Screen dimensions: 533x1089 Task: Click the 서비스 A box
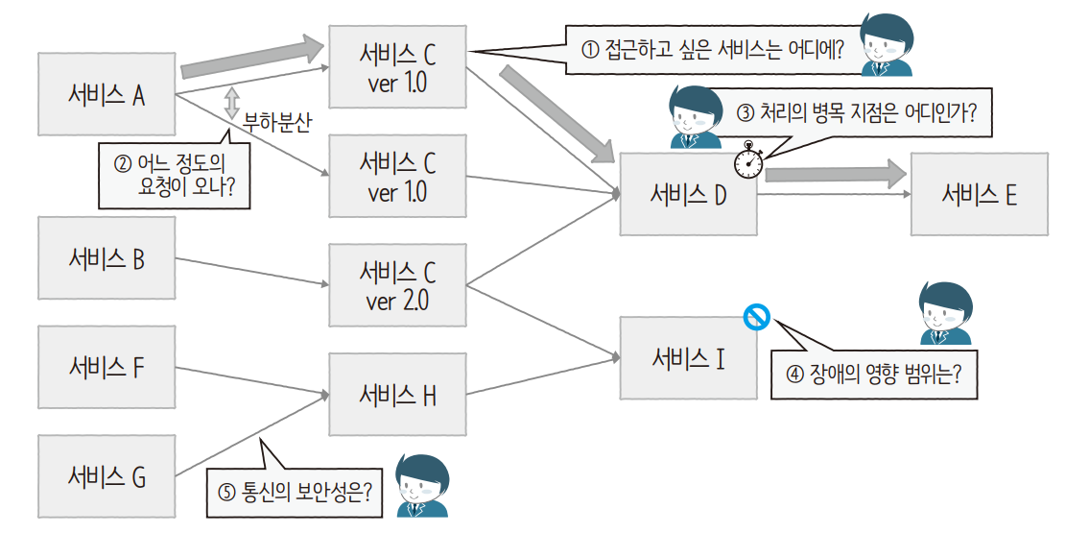tap(107, 94)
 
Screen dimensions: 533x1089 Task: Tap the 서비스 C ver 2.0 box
tap(397, 285)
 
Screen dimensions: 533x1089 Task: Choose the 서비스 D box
tap(688, 194)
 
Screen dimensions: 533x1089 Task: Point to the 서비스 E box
tap(979, 194)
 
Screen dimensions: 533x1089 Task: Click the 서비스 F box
tap(107, 367)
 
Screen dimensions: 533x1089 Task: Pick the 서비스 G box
tap(107, 476)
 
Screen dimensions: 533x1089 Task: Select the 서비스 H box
tap(397, 394)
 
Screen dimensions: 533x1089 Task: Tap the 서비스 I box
tap(688, 358)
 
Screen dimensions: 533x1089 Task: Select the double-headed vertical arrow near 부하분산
tap(231, 103)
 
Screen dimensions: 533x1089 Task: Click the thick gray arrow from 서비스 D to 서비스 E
tap(835, 174)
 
